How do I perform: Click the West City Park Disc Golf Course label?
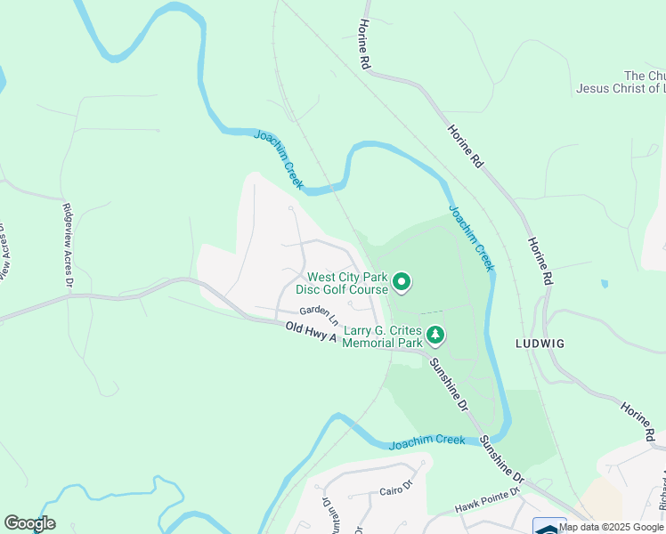347,283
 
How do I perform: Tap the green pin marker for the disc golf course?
402,283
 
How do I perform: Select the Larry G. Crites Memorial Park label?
382,336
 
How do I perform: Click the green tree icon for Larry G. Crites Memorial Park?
435,336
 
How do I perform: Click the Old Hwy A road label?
312,334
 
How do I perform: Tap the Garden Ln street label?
319,313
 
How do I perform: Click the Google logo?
29,523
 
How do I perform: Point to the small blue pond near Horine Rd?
605,284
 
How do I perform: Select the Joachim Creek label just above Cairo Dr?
426,441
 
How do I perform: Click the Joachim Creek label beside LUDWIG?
470,238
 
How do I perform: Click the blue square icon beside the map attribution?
548,526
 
